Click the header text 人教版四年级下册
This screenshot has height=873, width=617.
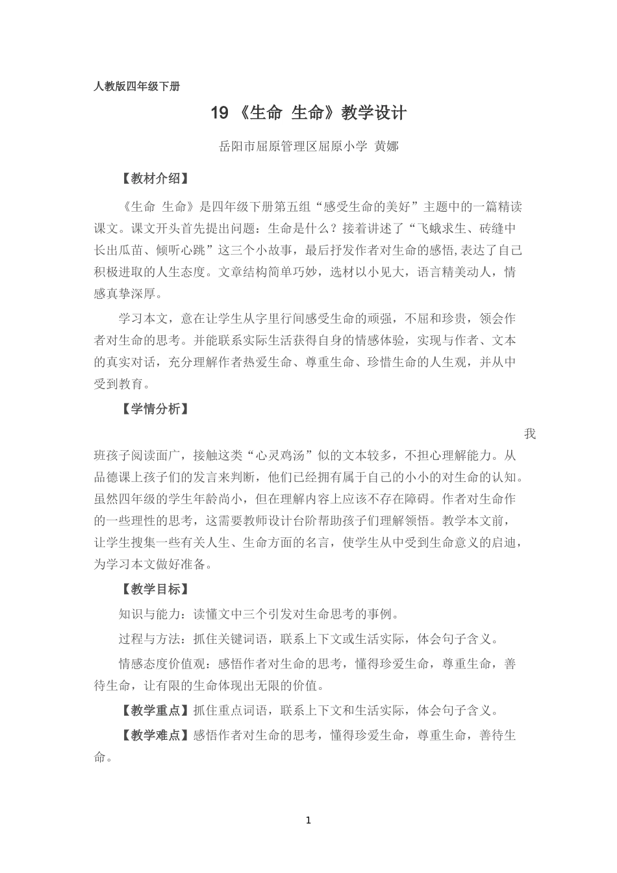pyautogui.click(x=136, y=86)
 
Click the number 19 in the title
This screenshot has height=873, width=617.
pyautogui.click(x=220, y=113)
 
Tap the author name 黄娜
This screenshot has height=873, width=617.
pyautogui.click(x=387, y=147)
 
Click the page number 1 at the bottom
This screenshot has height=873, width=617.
pyautogui.click(x=308, y=820)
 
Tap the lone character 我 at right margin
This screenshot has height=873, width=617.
pyautogui.click(x=530, y=434)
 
